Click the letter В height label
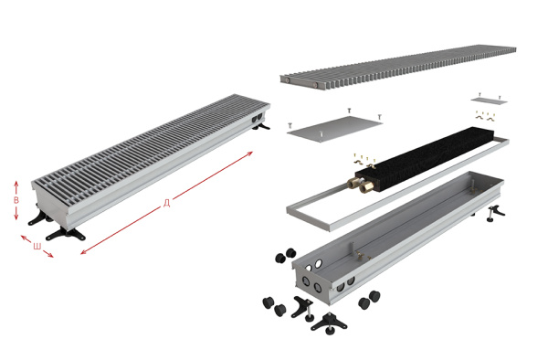16,200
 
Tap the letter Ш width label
37,246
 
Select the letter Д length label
167,203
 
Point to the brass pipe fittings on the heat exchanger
357,185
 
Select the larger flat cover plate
334,129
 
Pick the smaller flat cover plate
489,101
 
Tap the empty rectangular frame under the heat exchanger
397,185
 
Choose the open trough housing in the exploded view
397,238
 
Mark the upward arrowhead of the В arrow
16,183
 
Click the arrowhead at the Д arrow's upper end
250,154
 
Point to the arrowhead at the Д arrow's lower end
83,251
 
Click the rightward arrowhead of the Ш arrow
50,255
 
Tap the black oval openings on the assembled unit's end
257,119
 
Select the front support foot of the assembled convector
66,234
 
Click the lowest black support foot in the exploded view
328,323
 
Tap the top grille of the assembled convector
151,143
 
